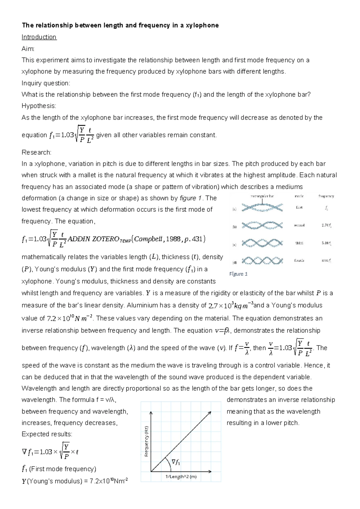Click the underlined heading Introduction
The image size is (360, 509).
pos(39,37)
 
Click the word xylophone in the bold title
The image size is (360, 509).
pos(202,26)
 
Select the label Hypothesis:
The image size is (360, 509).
pos(39,106)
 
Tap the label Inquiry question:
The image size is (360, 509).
pos(46,83)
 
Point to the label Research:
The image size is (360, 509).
pos(36,152)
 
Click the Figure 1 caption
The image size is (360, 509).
pos(238,274)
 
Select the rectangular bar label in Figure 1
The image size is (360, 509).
pos(262,196)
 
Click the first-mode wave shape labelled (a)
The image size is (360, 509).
pos(262,208)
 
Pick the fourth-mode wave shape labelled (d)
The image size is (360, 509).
pos(262,261)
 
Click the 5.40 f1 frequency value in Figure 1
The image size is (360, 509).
pos(326,243)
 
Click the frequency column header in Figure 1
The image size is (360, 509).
pos(326,196)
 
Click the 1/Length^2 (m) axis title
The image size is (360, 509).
pos(181,477)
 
